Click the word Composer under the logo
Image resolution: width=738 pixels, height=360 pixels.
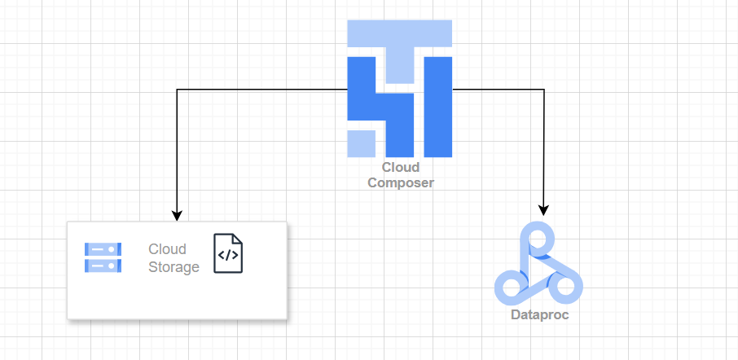click(400, 182)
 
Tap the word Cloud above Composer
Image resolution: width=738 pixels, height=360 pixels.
click(400, 168)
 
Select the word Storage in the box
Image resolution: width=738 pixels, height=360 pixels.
click(174, 267)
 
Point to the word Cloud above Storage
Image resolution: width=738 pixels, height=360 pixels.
click(167, 249)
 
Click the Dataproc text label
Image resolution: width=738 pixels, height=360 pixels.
click(539, 314)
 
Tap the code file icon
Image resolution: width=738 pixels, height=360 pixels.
click(228, 253)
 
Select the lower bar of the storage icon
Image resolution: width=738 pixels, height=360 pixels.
click(103, 266)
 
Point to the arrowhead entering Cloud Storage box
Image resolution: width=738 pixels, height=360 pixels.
click(177, 216)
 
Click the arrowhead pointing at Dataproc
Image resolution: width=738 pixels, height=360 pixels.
click(543, 209)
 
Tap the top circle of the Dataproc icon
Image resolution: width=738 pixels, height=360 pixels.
click(538, 239)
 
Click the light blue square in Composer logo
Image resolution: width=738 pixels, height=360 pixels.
click(361, 143)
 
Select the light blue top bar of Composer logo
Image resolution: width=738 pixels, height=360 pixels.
click(399, 34)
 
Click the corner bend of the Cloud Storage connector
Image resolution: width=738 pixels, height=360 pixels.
click(177, 89)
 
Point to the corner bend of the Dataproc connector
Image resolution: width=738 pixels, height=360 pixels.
click(543, 89)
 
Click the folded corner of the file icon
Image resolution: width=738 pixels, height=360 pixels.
click(238, 239)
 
